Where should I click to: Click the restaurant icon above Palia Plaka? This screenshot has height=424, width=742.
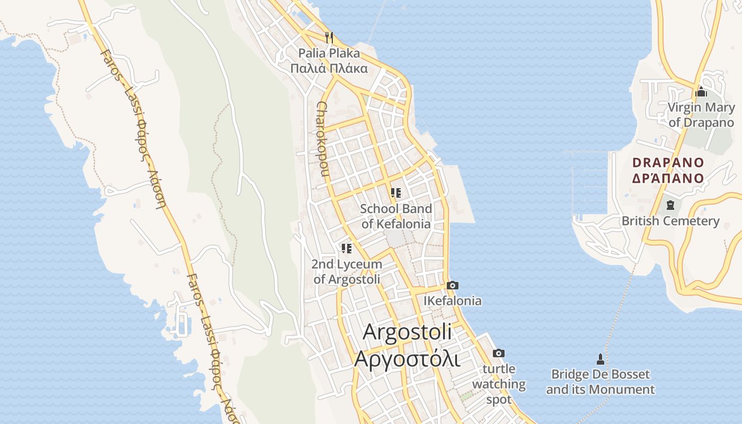point(329,37)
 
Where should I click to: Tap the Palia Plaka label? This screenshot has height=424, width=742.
point(329,53)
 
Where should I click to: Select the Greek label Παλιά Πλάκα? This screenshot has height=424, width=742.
point(329,68)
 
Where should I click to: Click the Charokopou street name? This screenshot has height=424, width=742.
point(323,139)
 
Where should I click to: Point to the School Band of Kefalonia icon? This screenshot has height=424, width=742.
point(395,193)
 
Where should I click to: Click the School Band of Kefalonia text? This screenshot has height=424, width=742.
point(396,216)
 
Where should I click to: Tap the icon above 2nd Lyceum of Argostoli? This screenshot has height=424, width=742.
point(347,248)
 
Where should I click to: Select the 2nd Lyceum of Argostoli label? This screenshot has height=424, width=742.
point(347,271)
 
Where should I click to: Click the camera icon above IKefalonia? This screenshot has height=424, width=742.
point(452,286)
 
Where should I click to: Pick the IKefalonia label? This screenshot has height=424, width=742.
point(453,301)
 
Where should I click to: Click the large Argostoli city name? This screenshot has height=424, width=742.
point(408,332)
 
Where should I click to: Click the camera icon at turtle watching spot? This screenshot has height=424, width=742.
point(499,354)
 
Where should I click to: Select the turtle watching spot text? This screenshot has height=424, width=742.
point(499,384)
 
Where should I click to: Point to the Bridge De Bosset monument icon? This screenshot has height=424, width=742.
point(600,359)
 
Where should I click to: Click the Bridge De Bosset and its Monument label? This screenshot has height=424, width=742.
point(600,382)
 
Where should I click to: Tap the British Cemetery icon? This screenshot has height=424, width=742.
point(670,205)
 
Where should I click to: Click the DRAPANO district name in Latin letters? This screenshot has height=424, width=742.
point(668,163)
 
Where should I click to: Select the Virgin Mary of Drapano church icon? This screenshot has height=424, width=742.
point(701,92)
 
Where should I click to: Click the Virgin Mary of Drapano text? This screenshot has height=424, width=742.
point(701,115)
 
